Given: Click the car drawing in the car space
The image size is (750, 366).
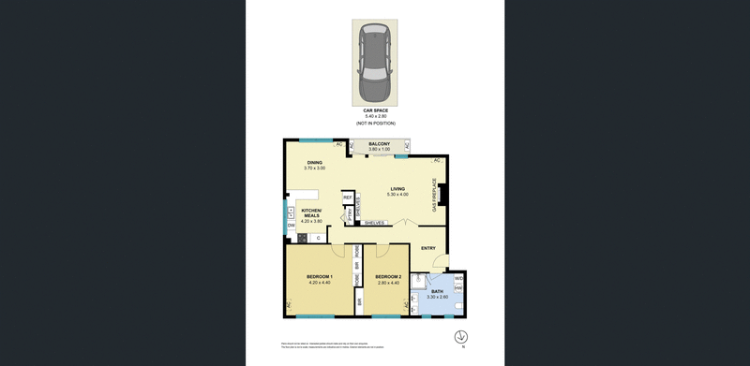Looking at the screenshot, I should (374, 63).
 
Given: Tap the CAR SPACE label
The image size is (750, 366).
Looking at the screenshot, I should (375, 110).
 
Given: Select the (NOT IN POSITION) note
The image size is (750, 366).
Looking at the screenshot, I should (375, 124).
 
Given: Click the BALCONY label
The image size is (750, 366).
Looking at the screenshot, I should (379, 143).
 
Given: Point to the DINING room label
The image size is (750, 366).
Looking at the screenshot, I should (314, 162).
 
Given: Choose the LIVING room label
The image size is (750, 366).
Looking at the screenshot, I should (398, 188).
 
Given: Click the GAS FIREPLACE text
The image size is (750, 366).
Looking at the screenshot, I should (434, 195).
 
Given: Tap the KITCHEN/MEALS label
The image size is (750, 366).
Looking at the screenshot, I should (311, 212).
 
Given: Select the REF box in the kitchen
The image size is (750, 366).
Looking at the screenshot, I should (347, 198).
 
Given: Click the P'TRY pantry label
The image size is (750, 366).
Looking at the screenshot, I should (347, 214).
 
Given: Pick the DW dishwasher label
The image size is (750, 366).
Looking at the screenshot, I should (292, 226).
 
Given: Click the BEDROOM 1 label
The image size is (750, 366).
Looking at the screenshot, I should (320, 276).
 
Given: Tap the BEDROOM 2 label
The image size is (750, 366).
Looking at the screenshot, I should (388, 276).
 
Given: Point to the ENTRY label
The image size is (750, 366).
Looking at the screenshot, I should (427, 248).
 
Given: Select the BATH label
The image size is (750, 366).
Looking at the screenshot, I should (437, 291).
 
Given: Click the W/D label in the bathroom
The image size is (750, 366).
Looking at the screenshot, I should (458, 279).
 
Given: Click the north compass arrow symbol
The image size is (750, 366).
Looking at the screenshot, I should (460, 337).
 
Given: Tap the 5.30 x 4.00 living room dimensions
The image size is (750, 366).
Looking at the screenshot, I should (398, 195).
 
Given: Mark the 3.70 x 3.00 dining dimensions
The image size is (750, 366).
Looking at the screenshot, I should (314, 168).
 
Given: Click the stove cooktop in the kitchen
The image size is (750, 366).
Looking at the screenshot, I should (302, 238).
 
